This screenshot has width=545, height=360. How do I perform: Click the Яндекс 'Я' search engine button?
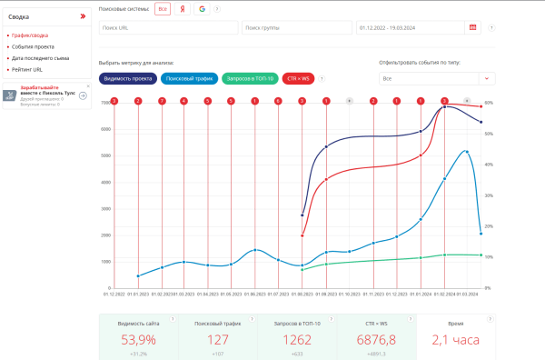(x=183, y=8)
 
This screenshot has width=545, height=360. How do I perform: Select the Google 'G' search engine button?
(x=202, y=8)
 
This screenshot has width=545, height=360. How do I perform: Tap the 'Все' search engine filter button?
(x=163, y=8)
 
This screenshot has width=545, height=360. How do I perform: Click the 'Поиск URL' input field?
(x=167, y=27)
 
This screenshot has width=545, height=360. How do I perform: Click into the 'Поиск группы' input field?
(x=296, y=27)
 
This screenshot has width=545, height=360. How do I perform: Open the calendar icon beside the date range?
(x=472, y=27)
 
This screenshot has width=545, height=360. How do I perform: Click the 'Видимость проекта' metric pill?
(x=127, y=78)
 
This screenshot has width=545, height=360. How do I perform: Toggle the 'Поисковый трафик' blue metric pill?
(x=189, y=78)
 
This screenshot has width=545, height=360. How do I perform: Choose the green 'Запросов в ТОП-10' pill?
(x=250, y=78)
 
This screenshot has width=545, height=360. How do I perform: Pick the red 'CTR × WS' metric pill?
(x=298, y=78)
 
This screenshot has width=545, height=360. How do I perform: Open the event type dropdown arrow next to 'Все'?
(x=488, y=79)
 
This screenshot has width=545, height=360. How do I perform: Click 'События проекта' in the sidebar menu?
(x=34, y=45)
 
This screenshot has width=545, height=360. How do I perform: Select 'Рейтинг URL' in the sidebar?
(x=28, y=69)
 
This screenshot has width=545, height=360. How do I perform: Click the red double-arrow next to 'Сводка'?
(x=84, y=16)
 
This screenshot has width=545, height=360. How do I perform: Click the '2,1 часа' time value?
(x=455, y=340)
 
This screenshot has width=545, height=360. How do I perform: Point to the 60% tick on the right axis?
(x=489, y=103)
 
